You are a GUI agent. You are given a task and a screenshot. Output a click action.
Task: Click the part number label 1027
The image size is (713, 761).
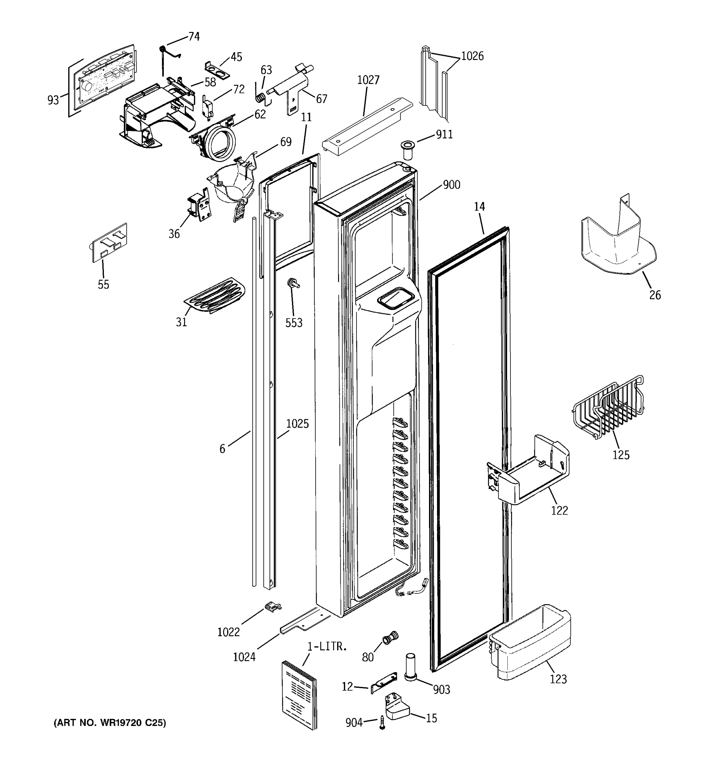click(368, 80)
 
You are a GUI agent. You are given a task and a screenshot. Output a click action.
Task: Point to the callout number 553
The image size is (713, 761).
click(294, 323)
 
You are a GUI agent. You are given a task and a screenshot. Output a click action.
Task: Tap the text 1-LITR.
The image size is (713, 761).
click(327, 647)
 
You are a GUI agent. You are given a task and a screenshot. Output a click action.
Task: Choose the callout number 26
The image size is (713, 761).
click(655, 295)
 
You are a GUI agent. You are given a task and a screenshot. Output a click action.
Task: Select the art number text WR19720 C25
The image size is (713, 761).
click(109, 723)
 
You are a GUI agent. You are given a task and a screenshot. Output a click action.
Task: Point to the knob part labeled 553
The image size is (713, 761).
click(292, 283)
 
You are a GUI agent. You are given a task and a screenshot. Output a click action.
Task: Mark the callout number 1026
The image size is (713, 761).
click(472, 56)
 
